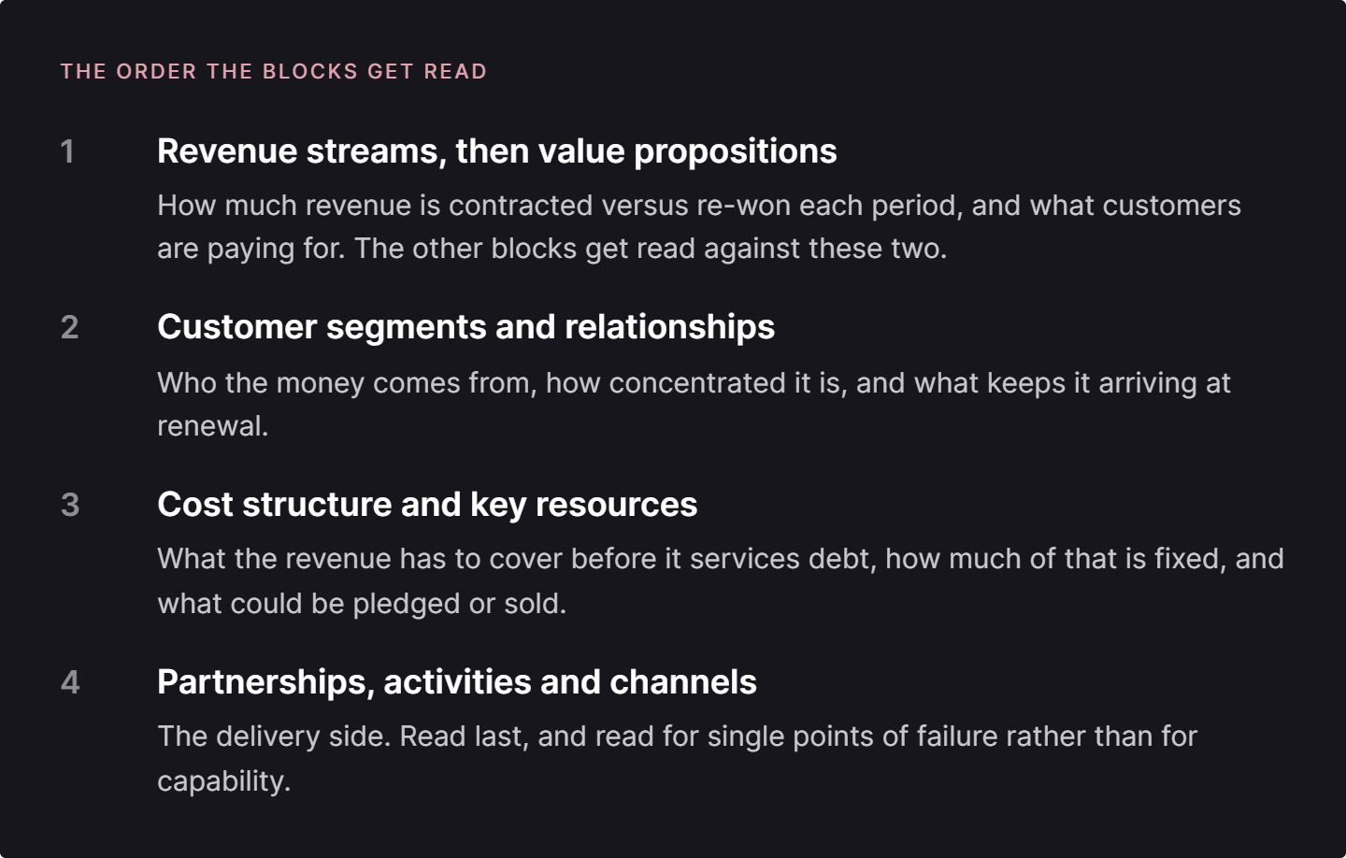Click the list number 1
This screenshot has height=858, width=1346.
click(67, 150)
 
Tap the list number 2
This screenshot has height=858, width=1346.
click(70, 327)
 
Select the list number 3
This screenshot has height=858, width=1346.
click(70, 505)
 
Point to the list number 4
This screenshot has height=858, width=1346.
click(70, 682)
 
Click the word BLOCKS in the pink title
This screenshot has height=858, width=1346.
click(310, 71)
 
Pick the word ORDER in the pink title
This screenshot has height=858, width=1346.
click(156, 71)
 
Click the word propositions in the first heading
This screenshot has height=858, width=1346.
click(736, 152)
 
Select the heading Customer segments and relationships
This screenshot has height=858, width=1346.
click(465, 327)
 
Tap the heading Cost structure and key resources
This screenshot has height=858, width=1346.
click(427, 505)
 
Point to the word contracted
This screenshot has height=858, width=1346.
click(521, 206)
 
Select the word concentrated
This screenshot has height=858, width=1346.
click(697, 383)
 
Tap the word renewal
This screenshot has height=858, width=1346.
click(213, 426)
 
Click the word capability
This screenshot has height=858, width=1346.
click(224, 781)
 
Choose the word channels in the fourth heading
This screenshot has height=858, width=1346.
click(683, 682)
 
